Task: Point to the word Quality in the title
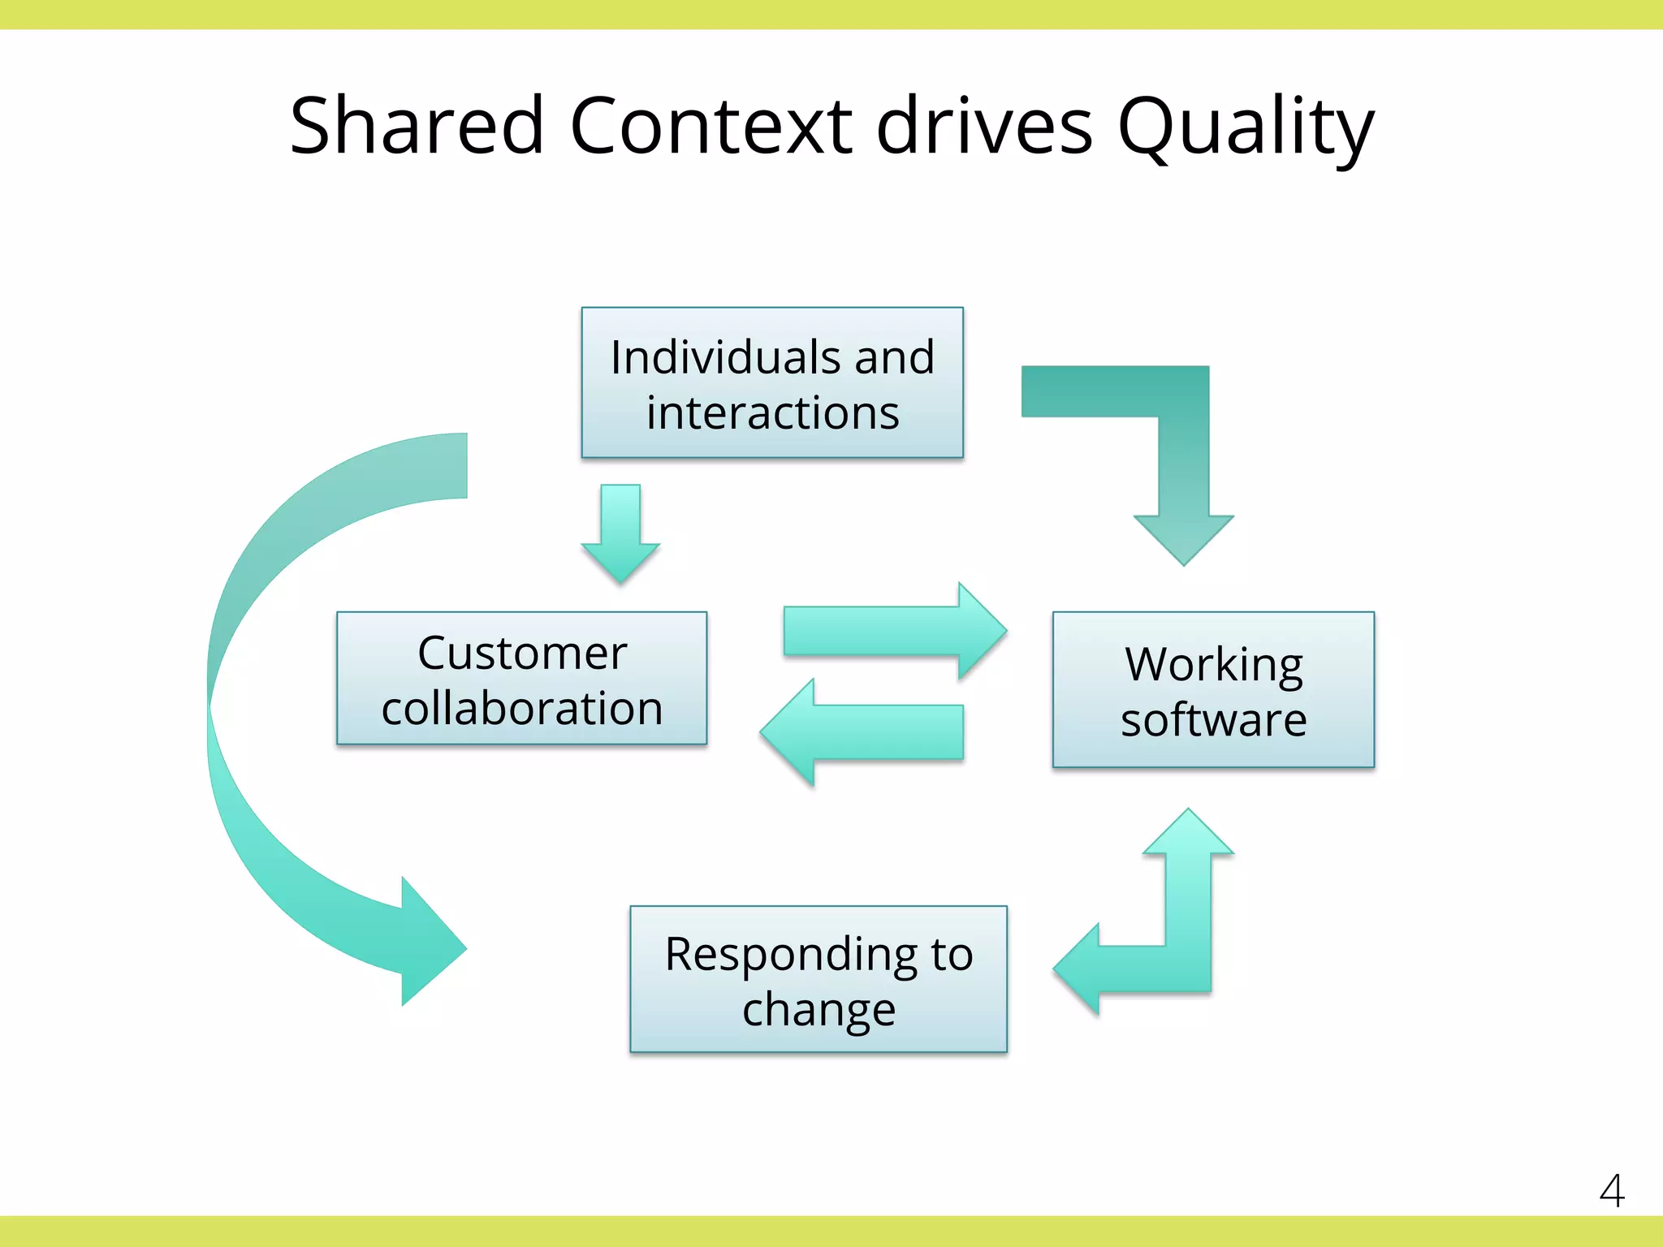[x=1246, y=128]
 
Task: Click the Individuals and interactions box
[x=771, y=382]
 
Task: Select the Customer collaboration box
[x=521, y=678]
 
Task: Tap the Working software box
[x=1213, y=689]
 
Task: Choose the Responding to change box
[x=819, y=979]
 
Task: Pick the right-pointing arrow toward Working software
[x=893, y=631]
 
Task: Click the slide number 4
[x=1611, y=1191]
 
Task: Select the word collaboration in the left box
[x=521, y=708]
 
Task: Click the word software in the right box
[x=1213, y=719]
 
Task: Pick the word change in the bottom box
[x=819, y=1010]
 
